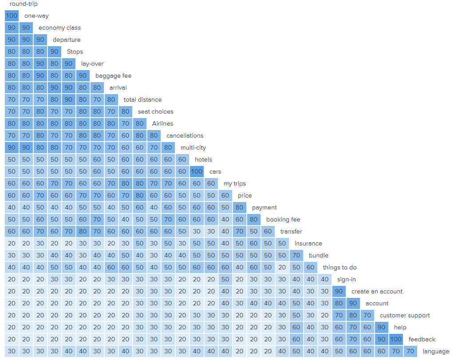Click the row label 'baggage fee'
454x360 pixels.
113,75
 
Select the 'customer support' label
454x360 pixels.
404,315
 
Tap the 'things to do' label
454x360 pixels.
340,267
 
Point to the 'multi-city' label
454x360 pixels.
193,147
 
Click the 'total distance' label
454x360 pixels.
142,99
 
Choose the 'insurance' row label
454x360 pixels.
308,243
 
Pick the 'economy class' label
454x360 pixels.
59,28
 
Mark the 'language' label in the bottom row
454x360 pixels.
436,351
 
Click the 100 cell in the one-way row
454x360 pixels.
12,16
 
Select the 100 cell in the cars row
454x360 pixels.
197,171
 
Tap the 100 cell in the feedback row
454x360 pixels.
395,339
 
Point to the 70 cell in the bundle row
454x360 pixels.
296,255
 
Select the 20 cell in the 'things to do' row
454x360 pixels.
282,267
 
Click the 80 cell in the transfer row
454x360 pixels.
83,231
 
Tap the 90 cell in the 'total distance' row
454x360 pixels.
68,99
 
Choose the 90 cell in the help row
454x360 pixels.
381,327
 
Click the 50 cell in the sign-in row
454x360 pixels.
225,279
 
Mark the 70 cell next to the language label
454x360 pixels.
410,351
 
